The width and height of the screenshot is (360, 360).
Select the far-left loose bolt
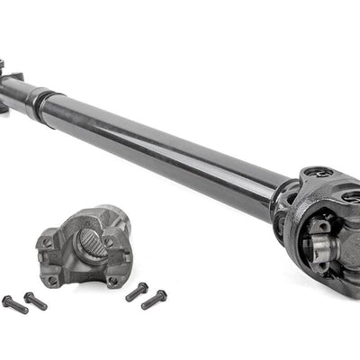15,304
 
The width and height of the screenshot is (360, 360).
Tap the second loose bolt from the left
35,300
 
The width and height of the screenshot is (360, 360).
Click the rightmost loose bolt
154,299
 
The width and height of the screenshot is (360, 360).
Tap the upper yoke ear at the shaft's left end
3,66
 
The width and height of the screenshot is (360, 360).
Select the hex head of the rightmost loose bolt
161,294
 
